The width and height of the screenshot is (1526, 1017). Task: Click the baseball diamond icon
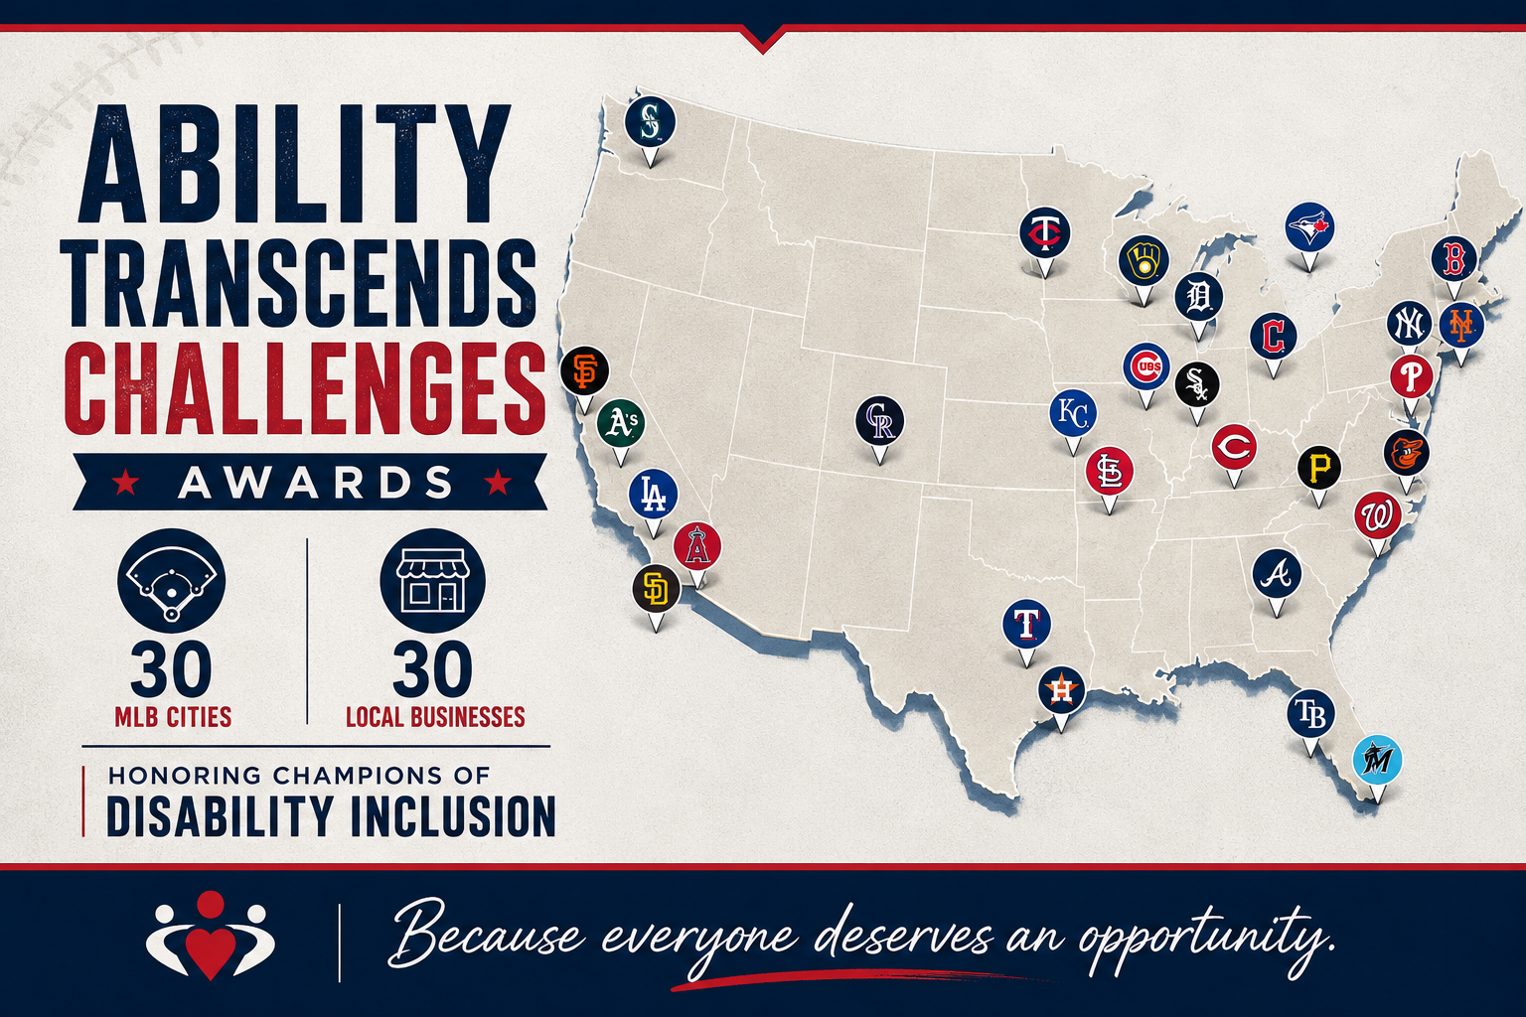click(x=171, y=581)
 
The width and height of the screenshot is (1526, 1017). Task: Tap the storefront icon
click(x=432, y=581)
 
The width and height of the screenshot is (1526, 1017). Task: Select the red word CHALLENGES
click(x=305, y=388)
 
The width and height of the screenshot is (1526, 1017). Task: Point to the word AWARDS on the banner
click(x=315, y=483)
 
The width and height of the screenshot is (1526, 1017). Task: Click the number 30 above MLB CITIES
click(x=171, y=668)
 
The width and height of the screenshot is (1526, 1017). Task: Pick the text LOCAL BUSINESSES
click(x=435, y=717)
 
